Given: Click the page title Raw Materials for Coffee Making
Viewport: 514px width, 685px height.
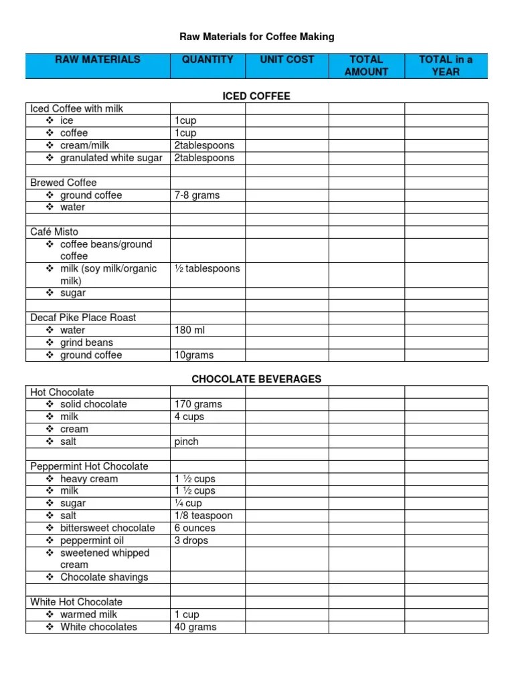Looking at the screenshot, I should (x=257, y=37).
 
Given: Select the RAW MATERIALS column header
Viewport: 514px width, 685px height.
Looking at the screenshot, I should (x=98, y=60).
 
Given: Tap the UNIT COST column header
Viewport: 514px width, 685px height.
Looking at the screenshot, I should (x=287, y=60).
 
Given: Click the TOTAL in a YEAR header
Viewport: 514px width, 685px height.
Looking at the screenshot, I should (x=446, y=66).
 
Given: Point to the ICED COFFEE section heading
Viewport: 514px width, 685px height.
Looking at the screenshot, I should (x=256, y=96).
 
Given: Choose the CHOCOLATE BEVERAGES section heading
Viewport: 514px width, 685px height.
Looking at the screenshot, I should (x=256, y=379).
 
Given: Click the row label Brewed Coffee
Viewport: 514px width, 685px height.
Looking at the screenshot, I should (x=64, y=183).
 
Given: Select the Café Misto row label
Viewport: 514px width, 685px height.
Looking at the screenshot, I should (x=54, y=231).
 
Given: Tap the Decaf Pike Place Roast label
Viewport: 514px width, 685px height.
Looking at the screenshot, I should (x=83, y=318).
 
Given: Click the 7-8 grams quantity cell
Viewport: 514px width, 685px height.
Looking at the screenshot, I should (x=197, y=195).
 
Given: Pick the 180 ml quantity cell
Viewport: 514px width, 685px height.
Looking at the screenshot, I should (x=190, y=330).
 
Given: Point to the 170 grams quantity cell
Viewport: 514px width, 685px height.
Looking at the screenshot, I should (x=198, y=404).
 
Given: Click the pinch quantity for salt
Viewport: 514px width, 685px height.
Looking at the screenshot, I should (x=187, y=442).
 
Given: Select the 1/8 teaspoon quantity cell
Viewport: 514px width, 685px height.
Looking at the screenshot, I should (x=204, y=516).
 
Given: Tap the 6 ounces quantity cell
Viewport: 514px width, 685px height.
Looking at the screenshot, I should (x=195, y=528).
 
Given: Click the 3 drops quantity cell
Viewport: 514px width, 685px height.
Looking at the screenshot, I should (x=191, y=541).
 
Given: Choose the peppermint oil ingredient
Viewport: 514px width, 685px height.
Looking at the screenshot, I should (x=92, y=541).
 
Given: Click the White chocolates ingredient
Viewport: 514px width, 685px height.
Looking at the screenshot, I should (x=98, y=627).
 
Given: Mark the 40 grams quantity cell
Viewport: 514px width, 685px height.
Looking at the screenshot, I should (x=195, y=627).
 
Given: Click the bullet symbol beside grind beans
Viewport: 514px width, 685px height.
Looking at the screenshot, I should (x=50, y=342).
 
